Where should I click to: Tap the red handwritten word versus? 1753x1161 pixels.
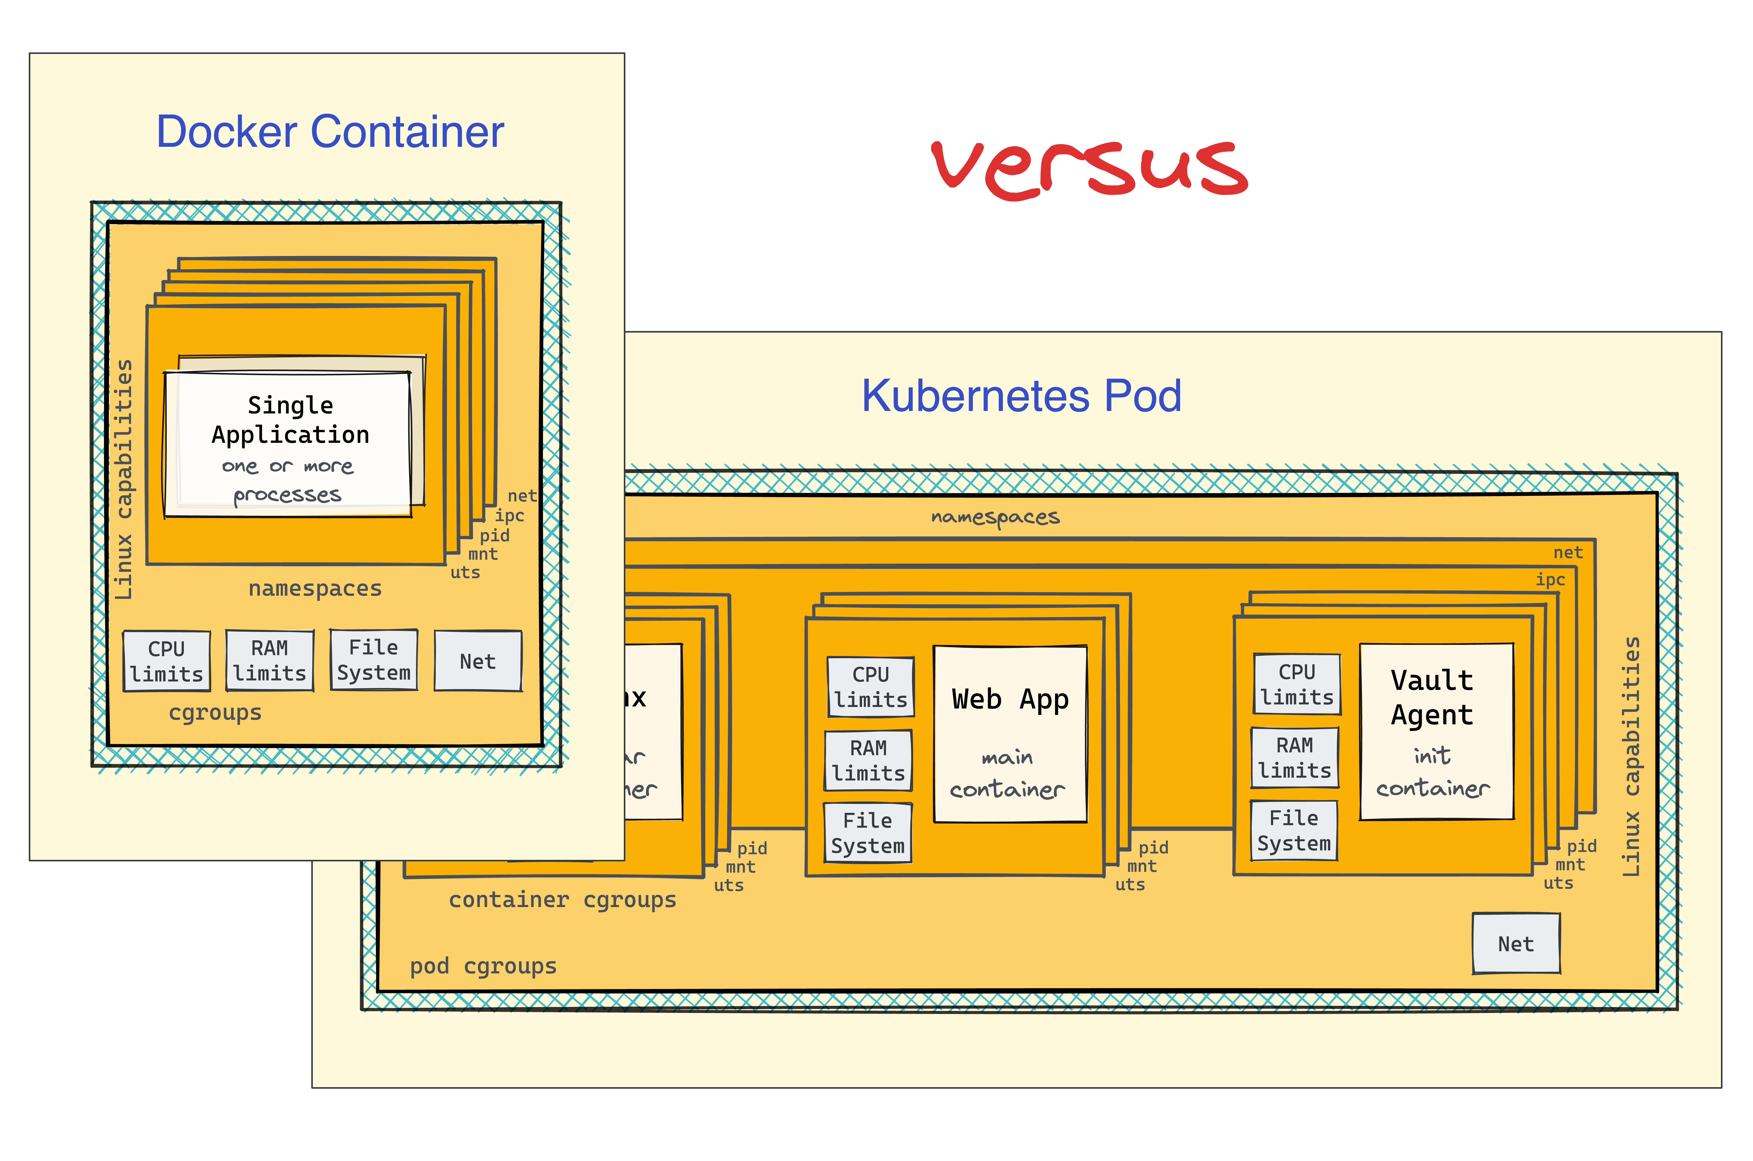1089,169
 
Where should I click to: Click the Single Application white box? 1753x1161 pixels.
287,444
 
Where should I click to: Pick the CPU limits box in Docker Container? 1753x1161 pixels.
167,661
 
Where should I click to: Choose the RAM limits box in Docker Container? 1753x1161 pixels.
270,661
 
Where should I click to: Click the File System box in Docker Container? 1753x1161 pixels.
373,660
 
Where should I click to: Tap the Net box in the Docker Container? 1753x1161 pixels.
478,661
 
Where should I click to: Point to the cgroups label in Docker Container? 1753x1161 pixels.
215,712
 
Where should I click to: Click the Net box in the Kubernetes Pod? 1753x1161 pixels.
1515,943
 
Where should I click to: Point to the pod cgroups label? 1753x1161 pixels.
483,966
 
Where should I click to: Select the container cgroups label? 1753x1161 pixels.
562,900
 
